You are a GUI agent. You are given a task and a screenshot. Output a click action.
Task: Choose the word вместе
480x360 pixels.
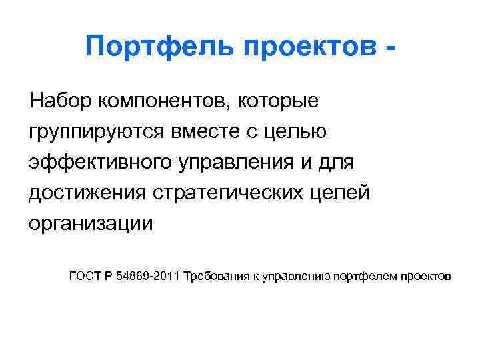pos(215,131)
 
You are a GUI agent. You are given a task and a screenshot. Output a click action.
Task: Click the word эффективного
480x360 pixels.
pos(99,162)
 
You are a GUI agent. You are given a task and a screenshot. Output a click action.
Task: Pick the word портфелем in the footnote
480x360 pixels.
pos(369,276)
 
